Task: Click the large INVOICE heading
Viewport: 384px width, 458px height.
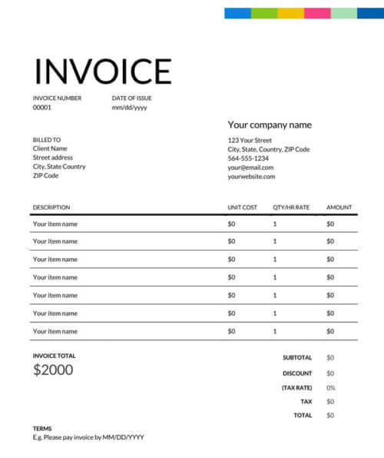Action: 102,71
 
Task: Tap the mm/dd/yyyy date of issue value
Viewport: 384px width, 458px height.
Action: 129,108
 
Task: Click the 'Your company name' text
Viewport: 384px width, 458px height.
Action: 270,124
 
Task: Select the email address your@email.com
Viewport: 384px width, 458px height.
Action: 250,168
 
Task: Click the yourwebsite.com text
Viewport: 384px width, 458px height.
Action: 251,177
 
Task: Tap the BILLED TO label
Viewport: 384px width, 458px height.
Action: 47,140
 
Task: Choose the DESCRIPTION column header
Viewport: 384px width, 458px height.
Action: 51,207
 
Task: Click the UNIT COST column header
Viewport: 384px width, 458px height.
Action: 243,207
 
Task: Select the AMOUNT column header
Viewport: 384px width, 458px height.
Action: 339,207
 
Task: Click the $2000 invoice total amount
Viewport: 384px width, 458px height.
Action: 53,370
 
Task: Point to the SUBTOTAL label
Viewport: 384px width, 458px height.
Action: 297,357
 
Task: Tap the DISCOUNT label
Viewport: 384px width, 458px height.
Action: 297,373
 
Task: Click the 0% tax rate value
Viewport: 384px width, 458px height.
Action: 331,387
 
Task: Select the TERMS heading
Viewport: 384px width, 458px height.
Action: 42,428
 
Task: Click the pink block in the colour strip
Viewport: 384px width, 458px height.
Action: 317,13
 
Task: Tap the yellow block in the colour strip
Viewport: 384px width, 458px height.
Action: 290,13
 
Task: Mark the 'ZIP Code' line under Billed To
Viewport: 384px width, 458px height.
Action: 45,176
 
